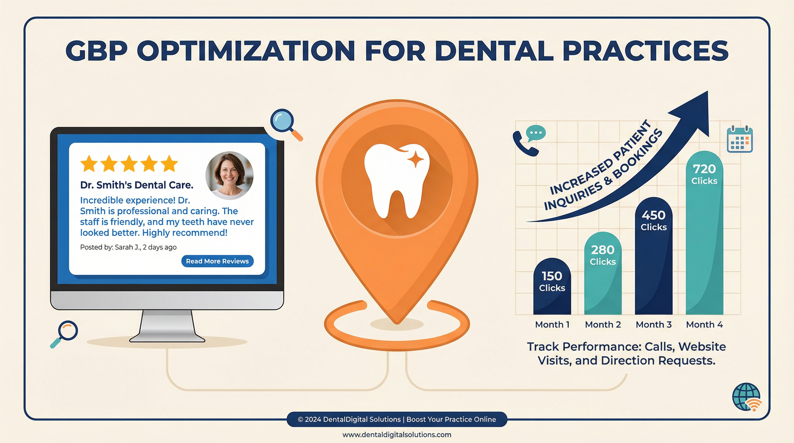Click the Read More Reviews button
point(217,261)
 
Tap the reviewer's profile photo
point(229,176)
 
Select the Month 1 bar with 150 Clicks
point(552,286)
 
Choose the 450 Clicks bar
point(653,256)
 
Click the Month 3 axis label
point(653,324)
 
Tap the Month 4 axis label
point(704,324)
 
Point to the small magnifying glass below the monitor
point(65,334)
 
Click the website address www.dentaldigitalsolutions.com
point(397,435)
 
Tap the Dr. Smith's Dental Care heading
point(136,185)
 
